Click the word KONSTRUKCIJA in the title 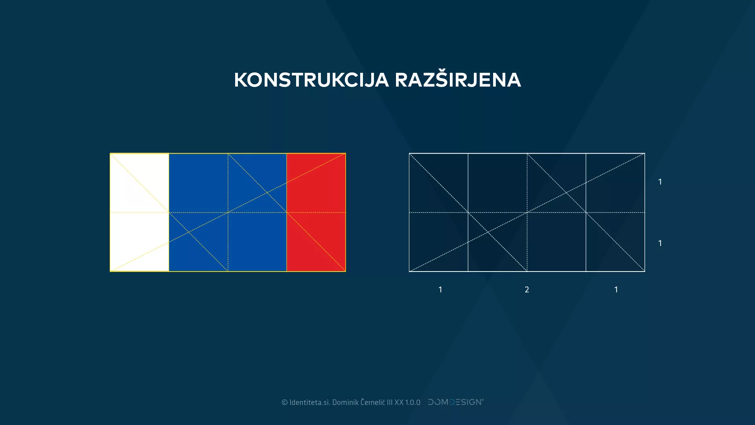click(x=311, y=80)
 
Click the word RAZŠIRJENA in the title click(x=458, y=80)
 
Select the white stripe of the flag click(x=139, y=213)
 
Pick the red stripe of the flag click(x=316, y=213)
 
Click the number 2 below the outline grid click(x=527, y=290)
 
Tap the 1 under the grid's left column click(x=440, y=290)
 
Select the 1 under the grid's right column click(x=616, y=290)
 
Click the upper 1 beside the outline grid click(x=660, y=182)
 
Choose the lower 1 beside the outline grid click(x=660, y=243)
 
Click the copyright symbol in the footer click(x=285, y=402)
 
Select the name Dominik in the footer click(x=345, y=402)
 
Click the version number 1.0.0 click(x=413, y=402)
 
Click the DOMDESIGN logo click(x=456, y=402)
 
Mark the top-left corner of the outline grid click(x=409, y=153)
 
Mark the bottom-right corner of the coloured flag click(x=345, y=271)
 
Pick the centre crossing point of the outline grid click(x=527, y=213)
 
